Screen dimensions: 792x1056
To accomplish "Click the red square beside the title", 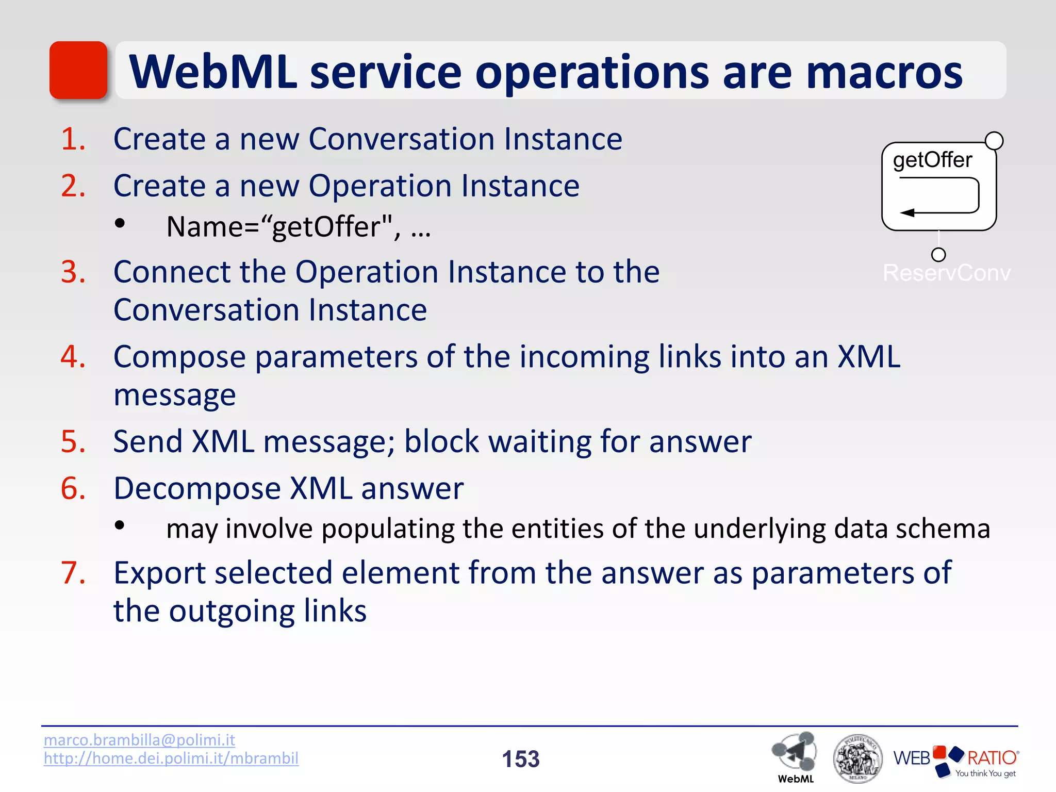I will (x=78, y=70).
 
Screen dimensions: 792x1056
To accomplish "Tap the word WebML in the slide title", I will (x=213, y=72).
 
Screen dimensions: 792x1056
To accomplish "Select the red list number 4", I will (x=73, y=357).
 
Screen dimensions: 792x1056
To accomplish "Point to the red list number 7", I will (x=73, y=573).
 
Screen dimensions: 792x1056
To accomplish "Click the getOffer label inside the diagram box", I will (x=932, y=160).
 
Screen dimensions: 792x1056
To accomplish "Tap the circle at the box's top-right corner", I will (x=994, y=141).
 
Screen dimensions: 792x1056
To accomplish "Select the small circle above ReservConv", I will (x=938, y=255).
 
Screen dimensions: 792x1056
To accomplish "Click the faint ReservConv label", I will (x=946, y=273).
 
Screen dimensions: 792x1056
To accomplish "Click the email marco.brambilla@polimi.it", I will (x=139, y=740).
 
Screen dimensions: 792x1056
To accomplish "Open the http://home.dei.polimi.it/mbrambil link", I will (x=171, y=758).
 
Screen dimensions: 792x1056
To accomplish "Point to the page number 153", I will (x=521, y=759).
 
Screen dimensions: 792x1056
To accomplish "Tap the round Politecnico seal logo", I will (x=857, y=758).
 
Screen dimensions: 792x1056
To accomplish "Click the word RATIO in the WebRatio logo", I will (x=991, y=757).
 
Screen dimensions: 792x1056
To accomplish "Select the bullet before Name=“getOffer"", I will (x=120, y=224).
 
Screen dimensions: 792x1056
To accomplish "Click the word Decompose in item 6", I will (x=196, y=488).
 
